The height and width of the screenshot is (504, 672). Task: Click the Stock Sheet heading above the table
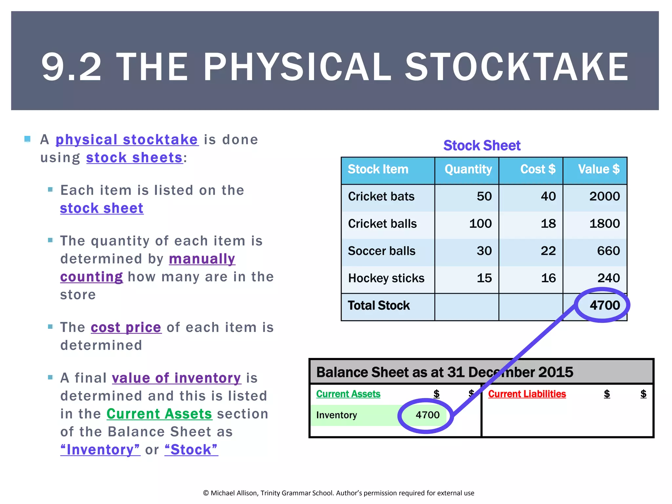(x=482, y=145)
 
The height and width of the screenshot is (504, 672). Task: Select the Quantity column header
(x=468, y=169)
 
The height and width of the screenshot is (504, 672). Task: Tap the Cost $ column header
(x=537, y=169)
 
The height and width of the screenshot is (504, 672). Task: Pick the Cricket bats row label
(x=381, y=197)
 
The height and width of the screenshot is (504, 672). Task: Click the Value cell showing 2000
(x=604, y=197)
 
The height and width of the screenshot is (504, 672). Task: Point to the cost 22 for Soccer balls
(x=548, y=251)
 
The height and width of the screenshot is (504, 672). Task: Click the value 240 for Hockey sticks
(x=608, y=278)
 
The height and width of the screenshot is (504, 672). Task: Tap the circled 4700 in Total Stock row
(x=604, y=305)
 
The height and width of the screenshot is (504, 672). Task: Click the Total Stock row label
(x=379, y=305)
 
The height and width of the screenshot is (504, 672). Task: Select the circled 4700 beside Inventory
(x=427, y=415)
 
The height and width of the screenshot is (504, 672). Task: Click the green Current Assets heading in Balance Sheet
(x=348, y=394)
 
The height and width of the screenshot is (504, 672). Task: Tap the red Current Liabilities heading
(x=527, y=394)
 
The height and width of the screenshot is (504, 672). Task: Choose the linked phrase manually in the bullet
(x=202, y=259)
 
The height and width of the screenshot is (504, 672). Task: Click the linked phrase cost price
(x=126, y=327)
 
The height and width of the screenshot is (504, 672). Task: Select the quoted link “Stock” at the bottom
(x=191, y=450)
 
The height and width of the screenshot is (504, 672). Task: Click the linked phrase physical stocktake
(x=127, y=140)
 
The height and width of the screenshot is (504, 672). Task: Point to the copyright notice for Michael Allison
(x=339, y=493)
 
